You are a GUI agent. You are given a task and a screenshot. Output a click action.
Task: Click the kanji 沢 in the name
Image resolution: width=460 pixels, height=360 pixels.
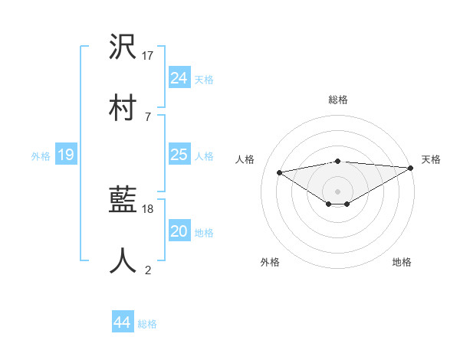pyautogui.click(x=123, y=48)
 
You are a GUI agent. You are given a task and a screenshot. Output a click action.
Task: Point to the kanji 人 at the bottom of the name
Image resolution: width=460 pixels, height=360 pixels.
pyautogui.click(x=123, y=260)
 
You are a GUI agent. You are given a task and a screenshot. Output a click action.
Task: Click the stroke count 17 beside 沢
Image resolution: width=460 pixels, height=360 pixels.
pyautogui.click(x=149, y=56)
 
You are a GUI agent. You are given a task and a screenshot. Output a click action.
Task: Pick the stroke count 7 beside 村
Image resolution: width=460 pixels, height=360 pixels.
pyautogui.click(x=148, y=116)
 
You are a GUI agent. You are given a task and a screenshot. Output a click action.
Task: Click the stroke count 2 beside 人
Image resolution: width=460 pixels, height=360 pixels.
pyautogui.click(x=148, y=270)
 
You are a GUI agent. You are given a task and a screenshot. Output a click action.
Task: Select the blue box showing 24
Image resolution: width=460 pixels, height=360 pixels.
pyautogui.click(x=179, y=77)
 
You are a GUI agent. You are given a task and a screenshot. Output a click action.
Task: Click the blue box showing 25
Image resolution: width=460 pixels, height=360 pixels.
pyautogui.click(x=179, y=155)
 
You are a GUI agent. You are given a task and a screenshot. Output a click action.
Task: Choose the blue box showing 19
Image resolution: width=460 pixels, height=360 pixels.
pyautogui.click(x=66, y=155)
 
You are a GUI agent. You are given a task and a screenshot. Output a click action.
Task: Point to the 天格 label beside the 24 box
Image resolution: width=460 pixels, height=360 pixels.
pyautogui.click(x=204, y=79)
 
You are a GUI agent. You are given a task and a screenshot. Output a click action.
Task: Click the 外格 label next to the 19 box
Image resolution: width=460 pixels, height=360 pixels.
pyautogui.click(x=41, y=156)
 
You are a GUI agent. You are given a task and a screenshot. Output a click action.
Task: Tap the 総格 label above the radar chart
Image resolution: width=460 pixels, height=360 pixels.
pyautogui.click(x=338, y=100)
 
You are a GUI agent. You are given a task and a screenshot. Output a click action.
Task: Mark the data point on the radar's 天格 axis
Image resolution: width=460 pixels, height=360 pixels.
pyautogui.click(x=412, y=168)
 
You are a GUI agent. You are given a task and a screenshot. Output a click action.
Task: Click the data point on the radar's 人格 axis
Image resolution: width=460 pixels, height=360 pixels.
pyautogui.click(x=280, y=172)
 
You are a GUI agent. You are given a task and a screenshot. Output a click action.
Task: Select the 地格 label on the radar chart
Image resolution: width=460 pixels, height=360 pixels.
pyautogui.click(x=402, y=262)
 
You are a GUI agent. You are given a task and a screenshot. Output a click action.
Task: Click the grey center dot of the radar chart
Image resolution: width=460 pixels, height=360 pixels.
pyautogui.click(x=338, y=191)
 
